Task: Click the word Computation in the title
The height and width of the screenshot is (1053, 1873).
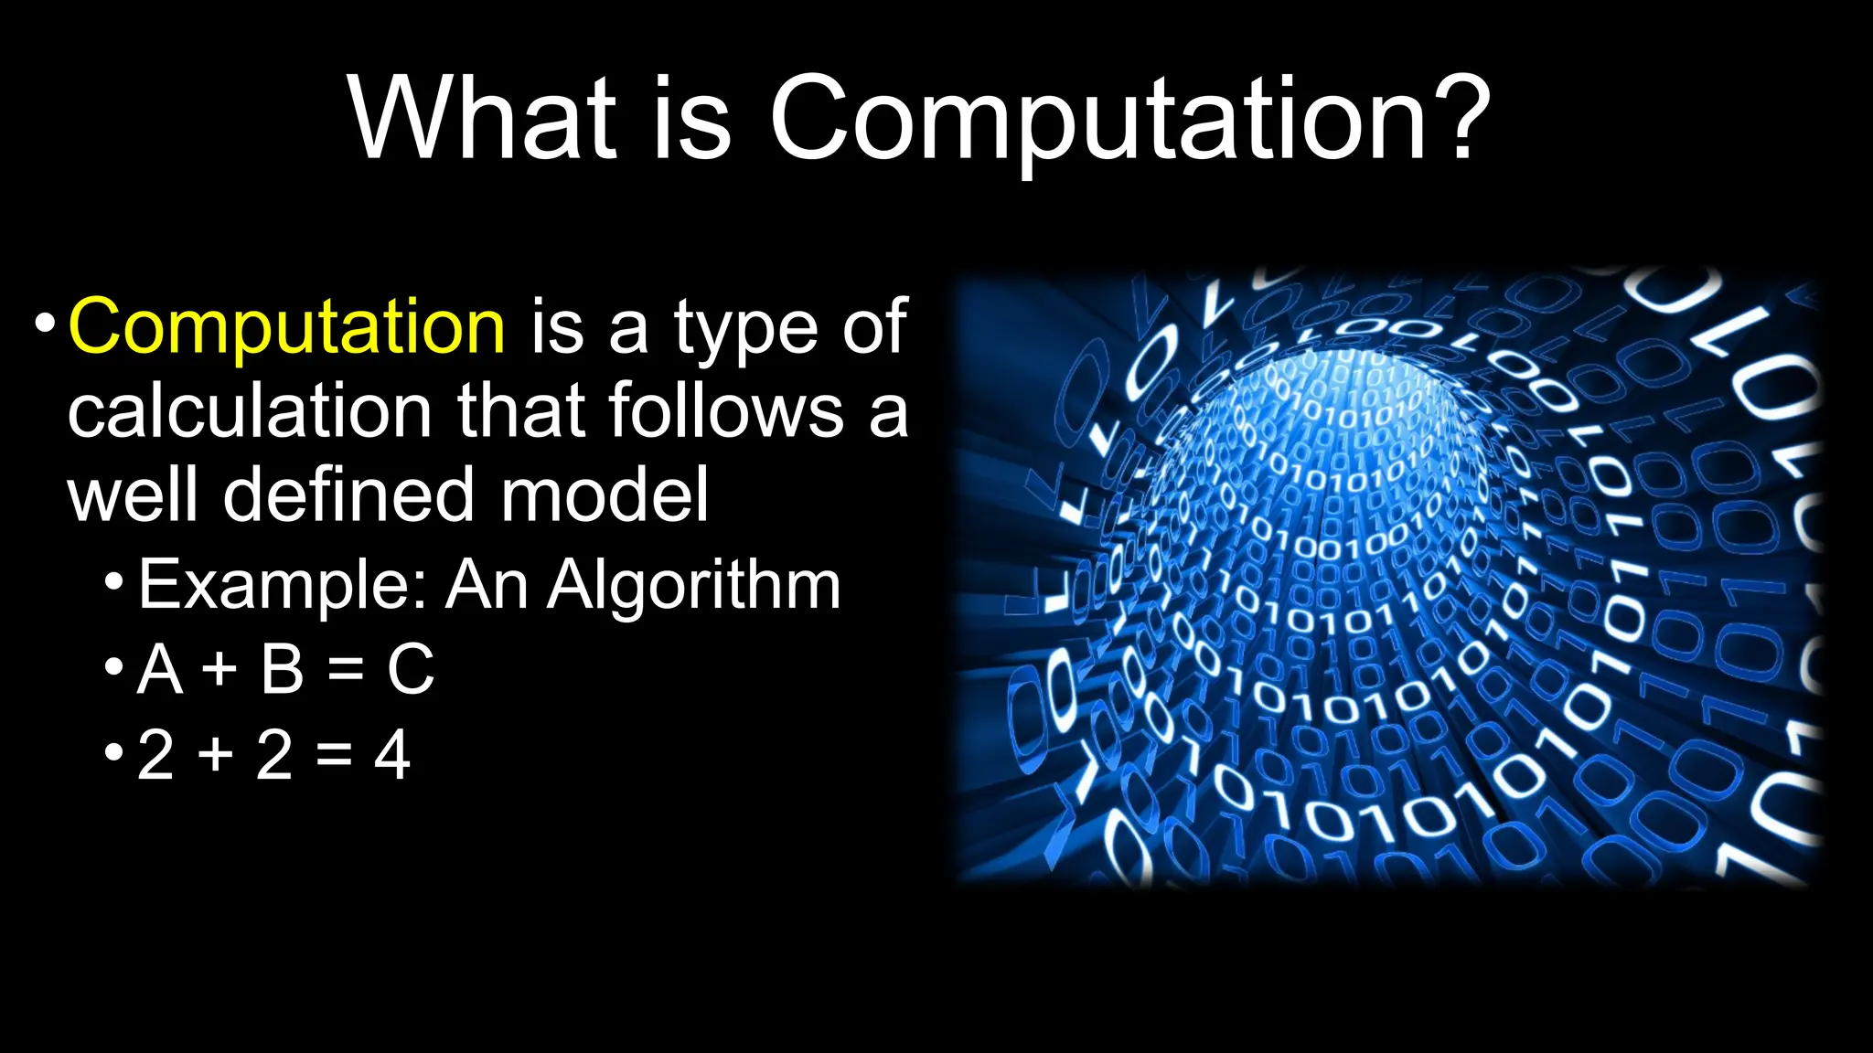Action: click(x=1097, y=119)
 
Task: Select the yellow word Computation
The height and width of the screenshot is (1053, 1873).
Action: click(x=286, y=326)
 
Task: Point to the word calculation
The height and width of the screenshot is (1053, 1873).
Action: click(x=249, y=411)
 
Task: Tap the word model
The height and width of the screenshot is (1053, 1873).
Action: click(x=604, y=495)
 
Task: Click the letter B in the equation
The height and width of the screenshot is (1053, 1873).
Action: click(x=282, y=670)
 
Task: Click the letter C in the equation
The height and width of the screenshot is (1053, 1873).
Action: click(x=410, y=670)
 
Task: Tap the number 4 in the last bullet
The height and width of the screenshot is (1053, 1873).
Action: click(x=391, y=755)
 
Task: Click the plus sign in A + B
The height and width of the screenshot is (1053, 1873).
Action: click(x=219, y=670)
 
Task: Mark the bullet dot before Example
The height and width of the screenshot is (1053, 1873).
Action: click(x=113, y=581)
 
